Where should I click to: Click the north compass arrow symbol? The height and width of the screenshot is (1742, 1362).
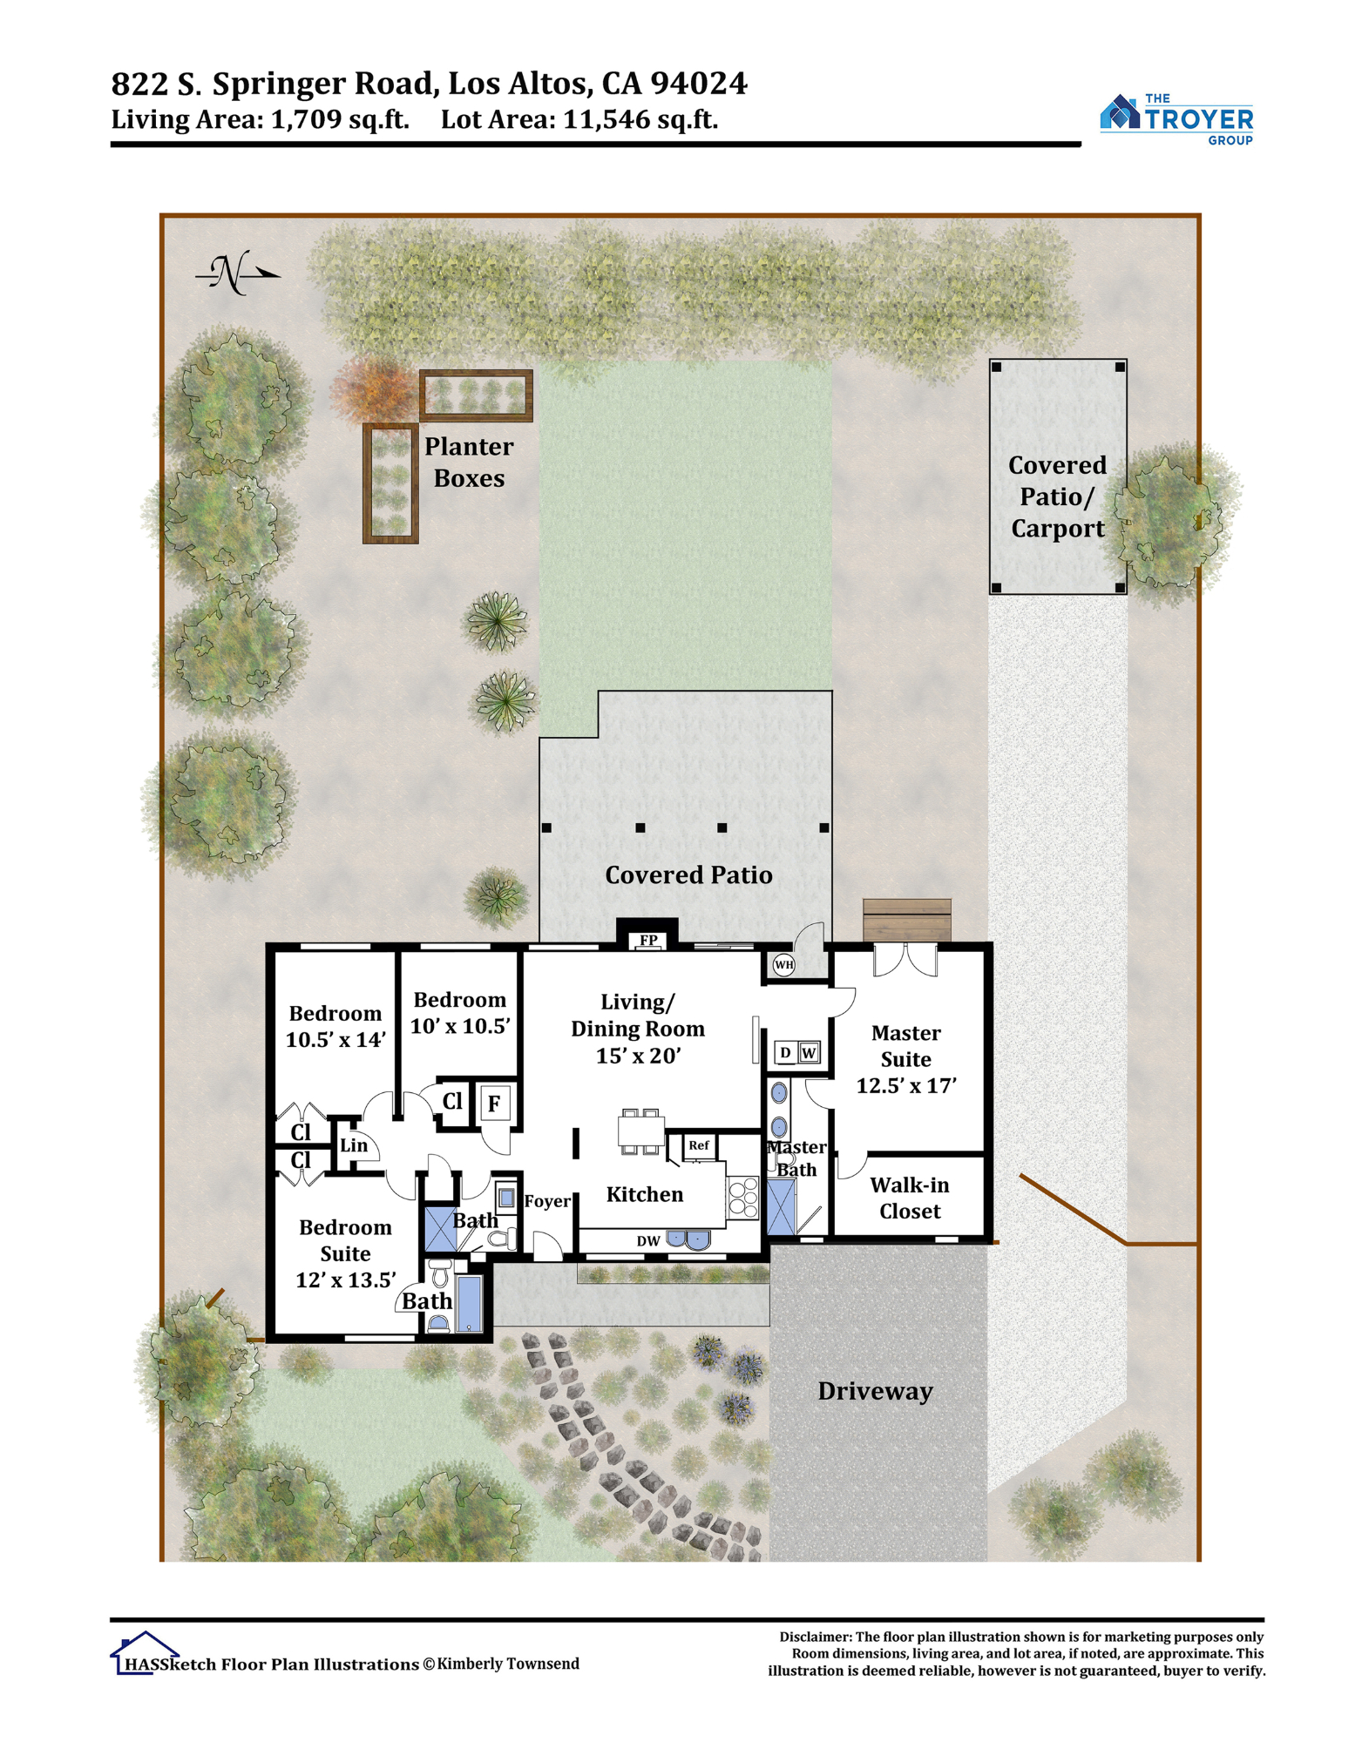click(237, 273)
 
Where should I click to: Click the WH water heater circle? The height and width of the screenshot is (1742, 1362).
click(783, 964)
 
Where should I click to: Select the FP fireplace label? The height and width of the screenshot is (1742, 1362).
click(648, 941)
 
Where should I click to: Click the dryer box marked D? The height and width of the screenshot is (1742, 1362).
click(785, 1052)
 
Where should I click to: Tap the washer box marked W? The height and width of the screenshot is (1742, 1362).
click(809, 1052)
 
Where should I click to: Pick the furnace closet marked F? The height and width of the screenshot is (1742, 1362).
click(494, 1104)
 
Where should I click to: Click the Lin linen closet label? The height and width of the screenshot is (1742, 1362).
click(354, 1145)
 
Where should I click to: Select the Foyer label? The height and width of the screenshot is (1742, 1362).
click(547, 1201)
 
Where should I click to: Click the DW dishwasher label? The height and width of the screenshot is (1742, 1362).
click(648, 1241)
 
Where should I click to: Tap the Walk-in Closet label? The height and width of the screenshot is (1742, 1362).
click(910, 1198)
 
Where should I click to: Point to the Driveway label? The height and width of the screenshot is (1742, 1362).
click(875, 1391)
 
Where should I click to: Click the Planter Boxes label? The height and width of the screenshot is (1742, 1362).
click(469, 462)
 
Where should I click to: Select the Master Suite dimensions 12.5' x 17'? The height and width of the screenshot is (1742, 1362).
click(906, 1085)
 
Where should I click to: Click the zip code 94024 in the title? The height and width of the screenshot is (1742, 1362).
click(699, 84)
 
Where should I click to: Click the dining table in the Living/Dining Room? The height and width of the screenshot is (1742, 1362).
click(640, 1131)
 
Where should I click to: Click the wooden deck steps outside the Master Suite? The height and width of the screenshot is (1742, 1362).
click(907, 920)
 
